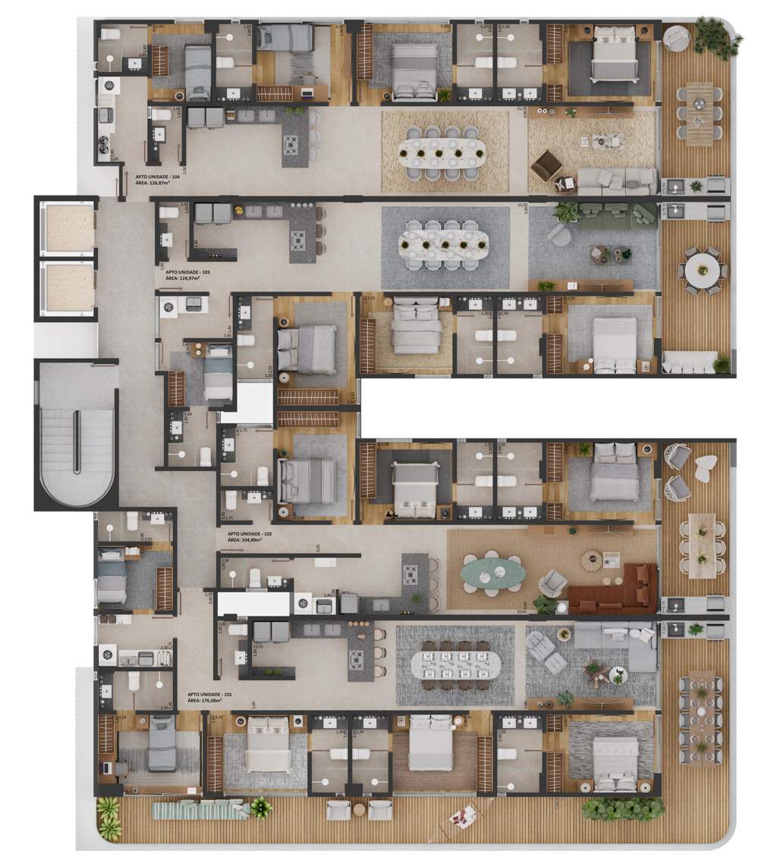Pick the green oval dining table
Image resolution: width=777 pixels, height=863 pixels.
(x=493, y=573)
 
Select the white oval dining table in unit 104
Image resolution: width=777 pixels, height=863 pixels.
(x=443, y=152)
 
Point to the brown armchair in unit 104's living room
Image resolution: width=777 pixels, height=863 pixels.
(x=546, y=165)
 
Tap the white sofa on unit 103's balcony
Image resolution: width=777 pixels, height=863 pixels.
(x=689, y=362)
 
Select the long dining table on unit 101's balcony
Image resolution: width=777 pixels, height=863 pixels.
(x=701, y=713)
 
